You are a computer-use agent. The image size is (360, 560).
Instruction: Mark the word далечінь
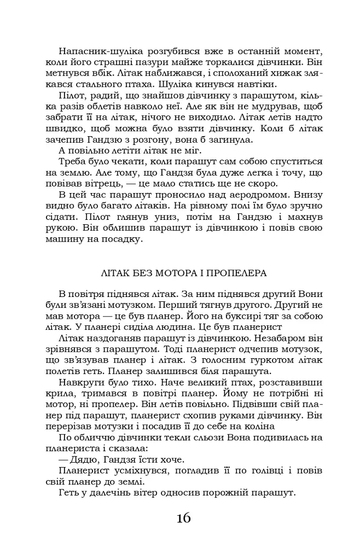(x=107, y=493)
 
